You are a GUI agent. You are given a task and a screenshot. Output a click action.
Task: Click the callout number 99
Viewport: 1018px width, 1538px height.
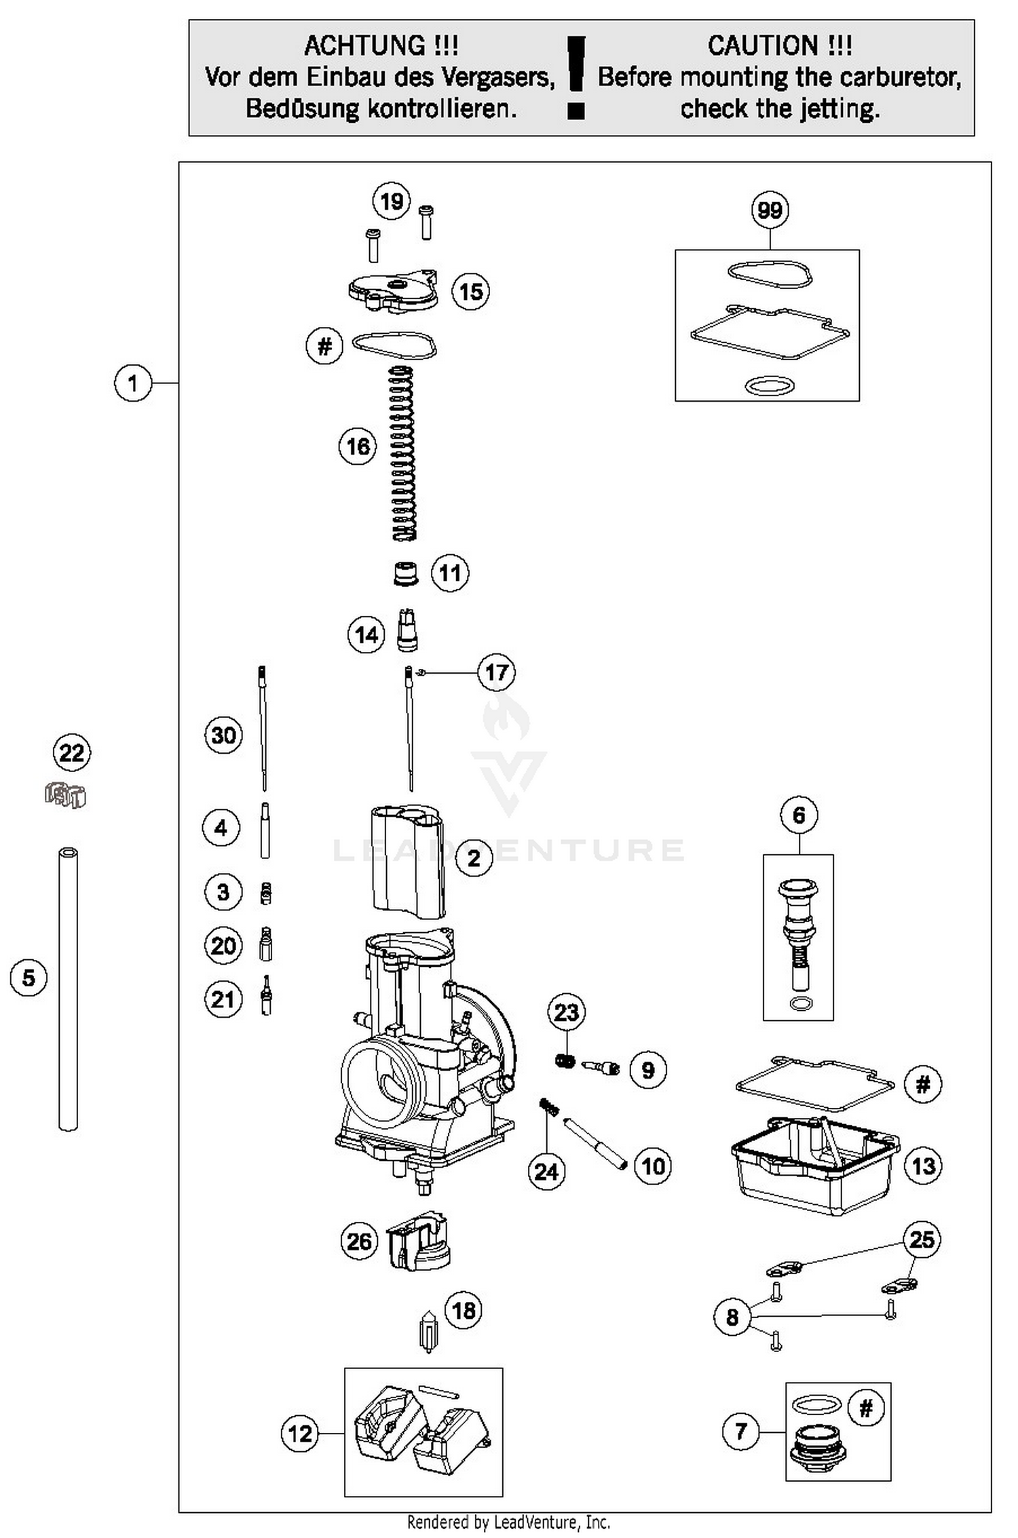tap(770, 210)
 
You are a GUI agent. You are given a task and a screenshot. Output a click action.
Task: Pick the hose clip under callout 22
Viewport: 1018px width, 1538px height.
tap(66, 795)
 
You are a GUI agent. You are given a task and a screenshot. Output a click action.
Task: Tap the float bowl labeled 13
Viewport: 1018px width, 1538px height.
tap(814, 1166)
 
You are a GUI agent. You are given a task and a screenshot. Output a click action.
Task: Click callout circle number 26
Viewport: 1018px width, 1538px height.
tap(358, 1242)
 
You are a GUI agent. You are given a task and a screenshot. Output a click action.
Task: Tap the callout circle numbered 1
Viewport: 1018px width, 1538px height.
tap(132, 383)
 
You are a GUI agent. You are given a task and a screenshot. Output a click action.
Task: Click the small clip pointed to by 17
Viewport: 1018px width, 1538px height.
tap(421, 672)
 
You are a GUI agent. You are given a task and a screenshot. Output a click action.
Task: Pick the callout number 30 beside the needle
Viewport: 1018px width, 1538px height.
tap(223, 735)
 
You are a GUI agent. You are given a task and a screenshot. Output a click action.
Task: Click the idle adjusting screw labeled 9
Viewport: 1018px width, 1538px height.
tap(601, 1070)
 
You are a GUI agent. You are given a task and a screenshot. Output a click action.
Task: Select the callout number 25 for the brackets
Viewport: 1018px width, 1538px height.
tap(922, 1240)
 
